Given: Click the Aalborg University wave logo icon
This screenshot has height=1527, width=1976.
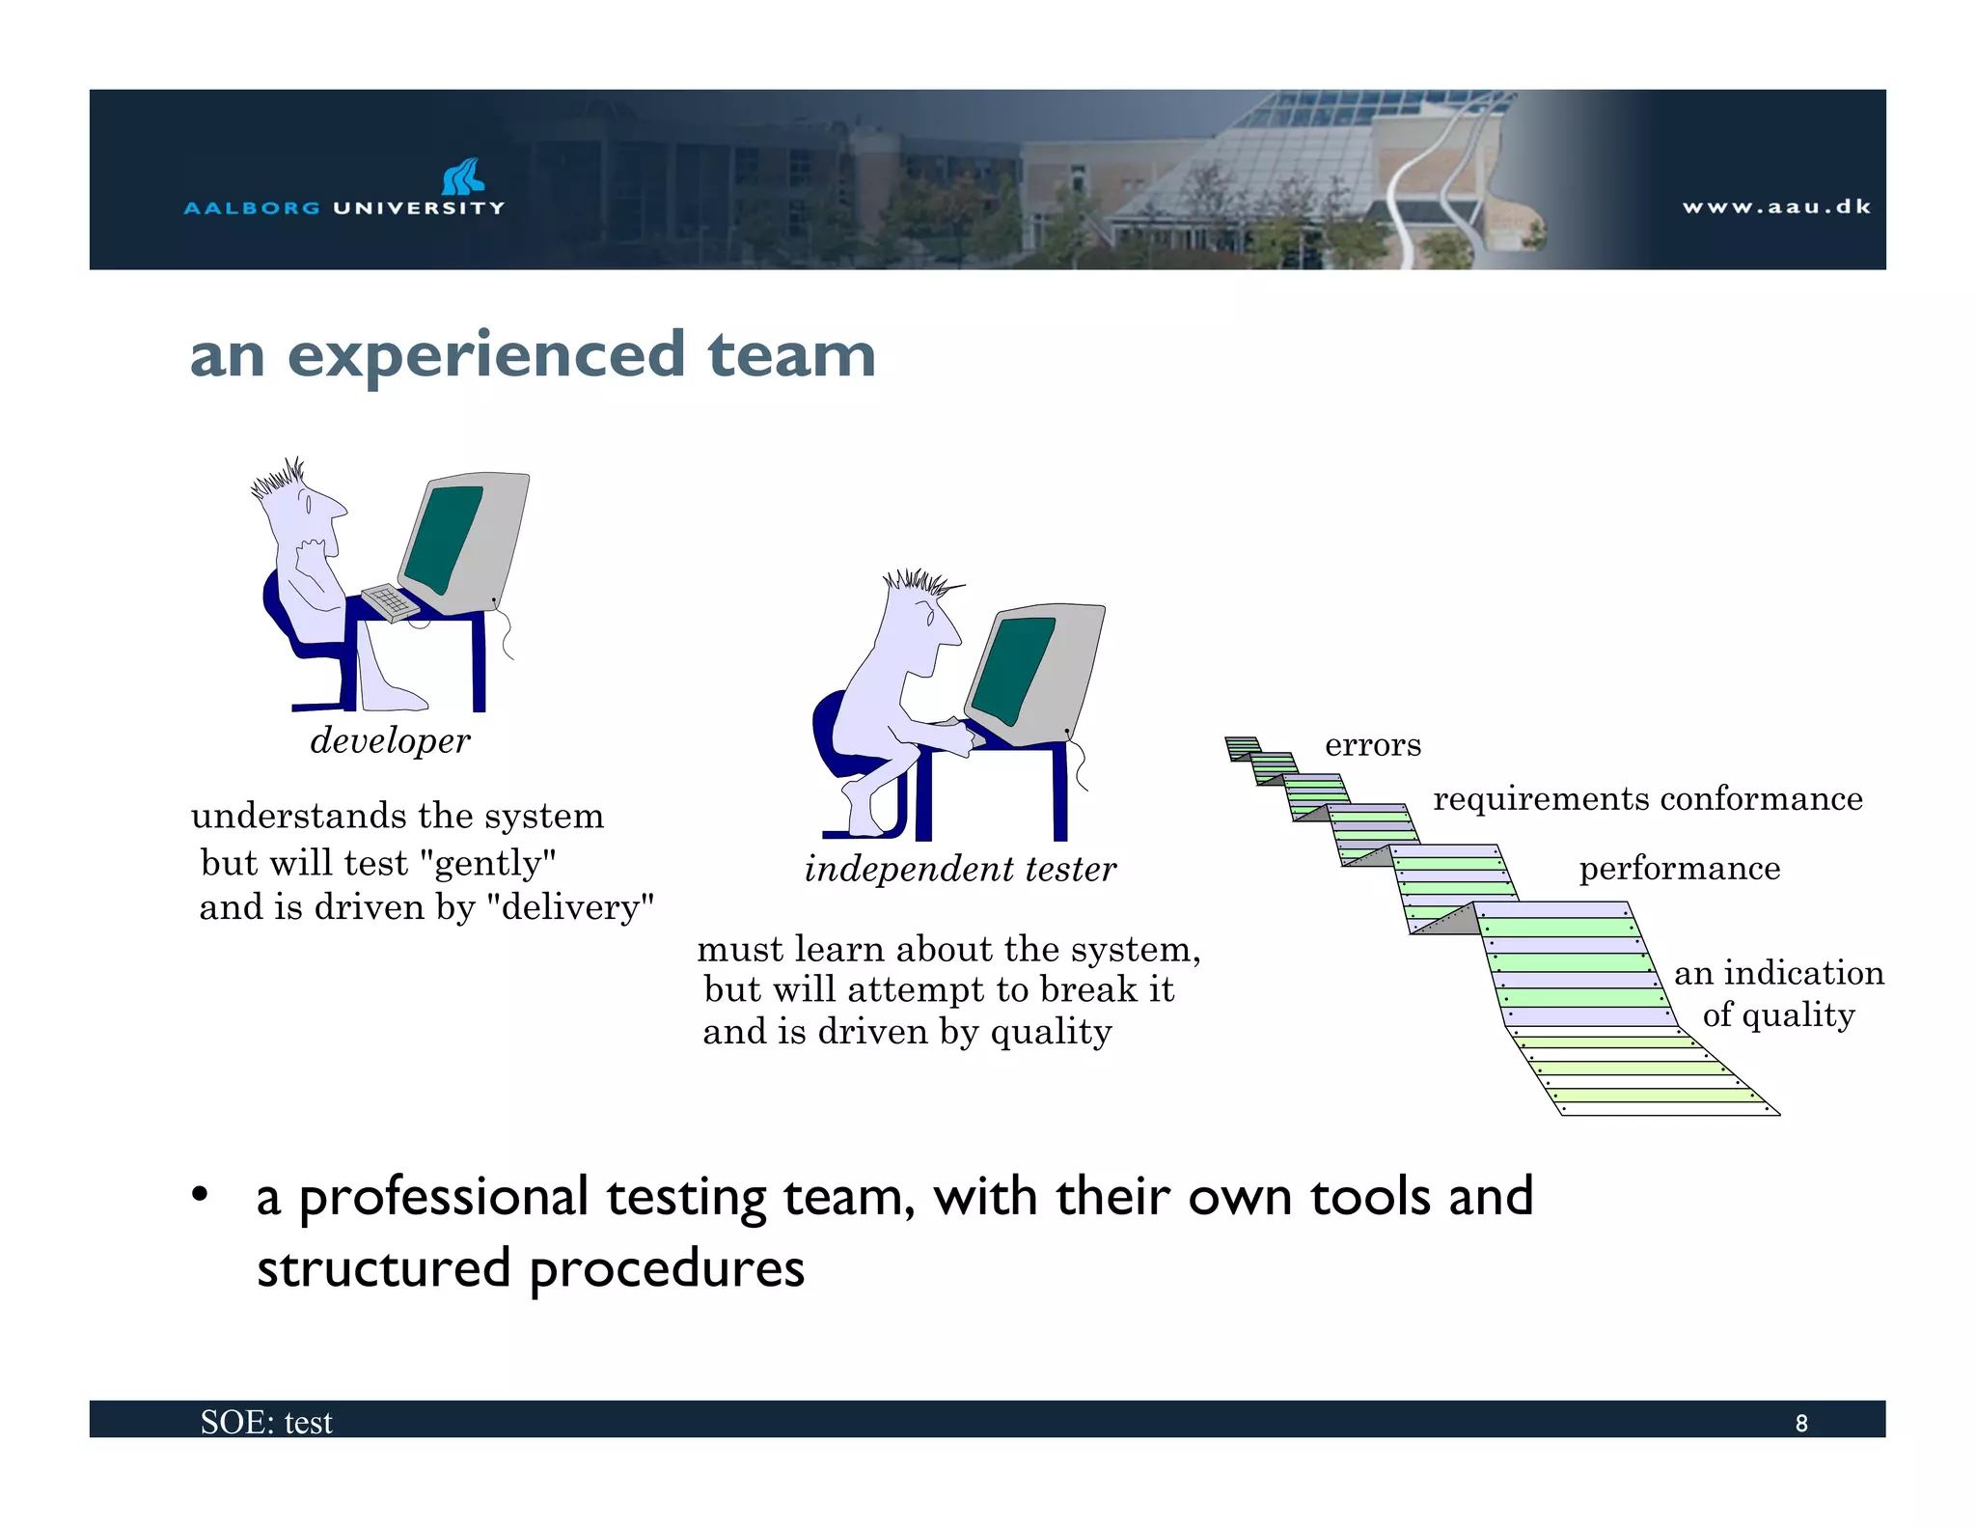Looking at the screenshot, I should coord(463,177).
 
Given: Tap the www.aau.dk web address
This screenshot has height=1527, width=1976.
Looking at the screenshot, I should coord(1776,207).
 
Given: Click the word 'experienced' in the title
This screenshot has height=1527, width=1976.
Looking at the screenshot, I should coord(486,355).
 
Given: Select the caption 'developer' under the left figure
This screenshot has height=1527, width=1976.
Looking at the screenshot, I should coord(390,741).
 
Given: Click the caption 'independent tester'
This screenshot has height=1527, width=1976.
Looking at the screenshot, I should coord(960,870).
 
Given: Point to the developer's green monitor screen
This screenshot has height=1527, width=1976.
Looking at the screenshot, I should coord(444,539).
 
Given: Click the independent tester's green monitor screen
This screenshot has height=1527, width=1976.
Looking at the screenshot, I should coord(1013,670).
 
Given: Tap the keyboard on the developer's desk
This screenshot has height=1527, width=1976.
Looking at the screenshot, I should coord(390,603).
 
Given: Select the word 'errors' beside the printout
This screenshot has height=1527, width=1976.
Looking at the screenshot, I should coord(1372,745).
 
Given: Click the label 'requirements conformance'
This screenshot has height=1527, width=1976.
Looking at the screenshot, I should coord(1647,799).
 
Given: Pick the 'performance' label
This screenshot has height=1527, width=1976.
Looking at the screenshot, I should coord(1679,869).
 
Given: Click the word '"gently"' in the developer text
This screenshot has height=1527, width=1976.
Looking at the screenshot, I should coord(489,863).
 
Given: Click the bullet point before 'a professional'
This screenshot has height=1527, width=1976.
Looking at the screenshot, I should coord(200,1196).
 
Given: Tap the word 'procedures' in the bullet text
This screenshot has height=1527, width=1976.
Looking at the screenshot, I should coord(666,1268).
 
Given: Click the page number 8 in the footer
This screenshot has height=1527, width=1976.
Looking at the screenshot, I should coord(1800,1424).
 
